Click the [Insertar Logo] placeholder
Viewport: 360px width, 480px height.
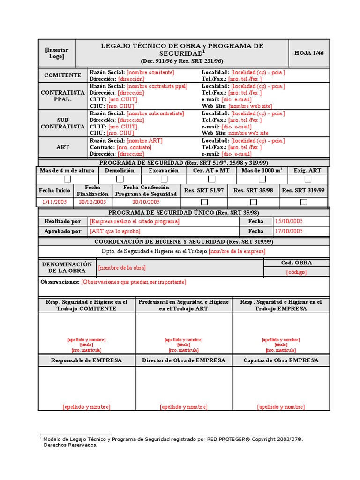(x=57, y=53)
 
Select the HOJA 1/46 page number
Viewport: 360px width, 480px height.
(x=309, y=53)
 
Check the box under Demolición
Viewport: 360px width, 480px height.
(x=120, y=179)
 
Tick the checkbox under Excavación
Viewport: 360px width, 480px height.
(x=164, y=179)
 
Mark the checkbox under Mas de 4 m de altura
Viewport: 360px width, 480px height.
(x=67, y=179)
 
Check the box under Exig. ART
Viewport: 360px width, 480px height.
(x=307, y=179)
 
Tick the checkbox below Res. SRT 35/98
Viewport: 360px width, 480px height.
(x=253, y=202)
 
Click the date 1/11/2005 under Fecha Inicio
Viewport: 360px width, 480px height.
(x=55, y=202)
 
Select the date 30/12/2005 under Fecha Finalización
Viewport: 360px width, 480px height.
(x=92, y=202)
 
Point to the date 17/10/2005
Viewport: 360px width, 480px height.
(x=289, y=231)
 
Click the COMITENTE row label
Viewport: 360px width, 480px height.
(x=63, y=75)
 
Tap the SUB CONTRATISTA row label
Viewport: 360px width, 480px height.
(x=63, y=123)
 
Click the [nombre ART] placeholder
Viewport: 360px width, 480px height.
(x=145, y=141)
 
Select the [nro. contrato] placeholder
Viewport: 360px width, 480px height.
(x=134, y=147)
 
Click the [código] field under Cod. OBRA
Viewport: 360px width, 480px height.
(x=296, y=272)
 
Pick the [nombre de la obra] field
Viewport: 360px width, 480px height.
(x=122, y=268)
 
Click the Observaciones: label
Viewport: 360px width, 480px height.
(x=60, y=282)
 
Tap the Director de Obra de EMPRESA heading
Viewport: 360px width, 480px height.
(x=183, y=360)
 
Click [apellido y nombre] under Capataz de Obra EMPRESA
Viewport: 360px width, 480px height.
(x=281, y=407)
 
